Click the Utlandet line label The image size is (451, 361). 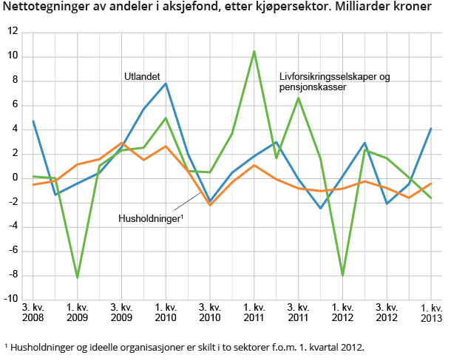(142, 75)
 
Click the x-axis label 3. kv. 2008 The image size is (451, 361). (34, 312)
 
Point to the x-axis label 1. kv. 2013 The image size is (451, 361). (431, 312)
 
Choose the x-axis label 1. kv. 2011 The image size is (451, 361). (254, 312)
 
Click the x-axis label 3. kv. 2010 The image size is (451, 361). (210, 312)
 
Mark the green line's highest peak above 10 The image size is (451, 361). (254, 51)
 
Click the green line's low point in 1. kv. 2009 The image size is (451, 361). (78, 277)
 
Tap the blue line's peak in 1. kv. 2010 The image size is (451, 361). (166, 84)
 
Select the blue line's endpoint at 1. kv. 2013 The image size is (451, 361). (431, 129)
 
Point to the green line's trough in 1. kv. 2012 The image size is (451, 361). (343, 275)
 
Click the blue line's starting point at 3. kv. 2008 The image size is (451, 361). (34, 121)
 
